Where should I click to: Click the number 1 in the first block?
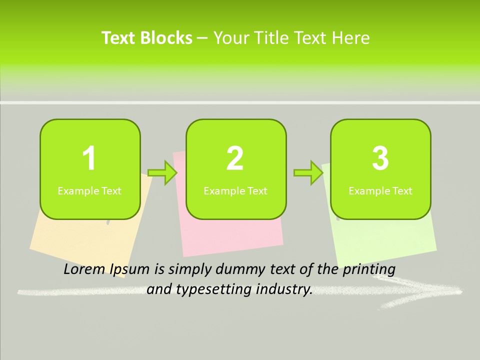coord(89,158)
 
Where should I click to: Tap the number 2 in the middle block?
coord(235,158)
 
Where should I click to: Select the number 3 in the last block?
coord(380,158)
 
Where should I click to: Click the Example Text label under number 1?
coord(89,191)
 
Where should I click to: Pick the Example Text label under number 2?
coord(235,191)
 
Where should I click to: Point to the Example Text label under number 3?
coord(380,191)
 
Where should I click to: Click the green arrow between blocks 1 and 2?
coord(163,173)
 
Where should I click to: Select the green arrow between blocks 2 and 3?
coord(308,173)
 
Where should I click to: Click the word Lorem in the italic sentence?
coord(85,269)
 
